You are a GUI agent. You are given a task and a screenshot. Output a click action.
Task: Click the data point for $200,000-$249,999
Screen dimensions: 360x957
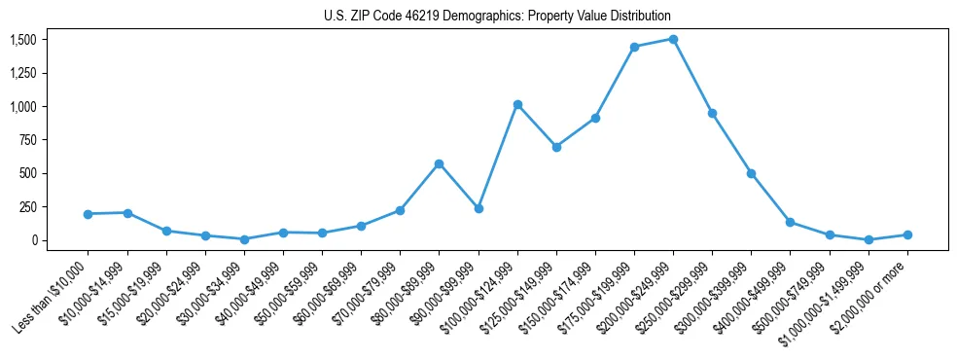673,39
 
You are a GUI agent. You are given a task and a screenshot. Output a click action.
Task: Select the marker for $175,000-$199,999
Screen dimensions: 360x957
634,47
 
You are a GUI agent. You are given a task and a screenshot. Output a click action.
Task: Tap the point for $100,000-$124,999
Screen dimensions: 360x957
517,104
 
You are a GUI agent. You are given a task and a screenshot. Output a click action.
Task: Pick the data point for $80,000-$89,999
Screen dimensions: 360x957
439,163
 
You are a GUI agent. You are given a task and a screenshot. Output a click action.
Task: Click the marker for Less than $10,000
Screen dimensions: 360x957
88,214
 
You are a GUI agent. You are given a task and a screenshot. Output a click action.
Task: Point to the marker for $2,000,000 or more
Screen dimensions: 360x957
907,234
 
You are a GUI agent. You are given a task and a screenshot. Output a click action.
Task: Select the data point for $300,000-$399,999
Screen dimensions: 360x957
751,173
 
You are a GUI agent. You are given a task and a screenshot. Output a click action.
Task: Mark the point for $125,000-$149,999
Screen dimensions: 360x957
556,147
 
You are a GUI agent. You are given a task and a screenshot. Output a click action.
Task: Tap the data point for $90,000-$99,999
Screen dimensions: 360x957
478,208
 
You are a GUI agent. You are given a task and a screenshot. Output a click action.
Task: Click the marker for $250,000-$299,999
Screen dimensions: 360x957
712,113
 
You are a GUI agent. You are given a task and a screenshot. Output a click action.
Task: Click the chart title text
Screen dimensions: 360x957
497,17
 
